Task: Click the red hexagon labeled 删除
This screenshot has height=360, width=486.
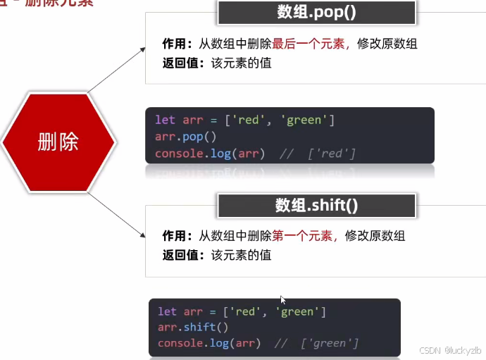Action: [x=58, y=142]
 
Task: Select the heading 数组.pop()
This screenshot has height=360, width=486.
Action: [x=316, y=13]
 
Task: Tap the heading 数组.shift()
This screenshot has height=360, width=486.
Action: [x=316, y=206]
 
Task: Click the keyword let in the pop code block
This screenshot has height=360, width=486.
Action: [x=165, y=120]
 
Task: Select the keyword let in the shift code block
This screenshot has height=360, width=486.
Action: [x=167, y=311]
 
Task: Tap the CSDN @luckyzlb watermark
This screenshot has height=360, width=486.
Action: [x=449, y=350]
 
